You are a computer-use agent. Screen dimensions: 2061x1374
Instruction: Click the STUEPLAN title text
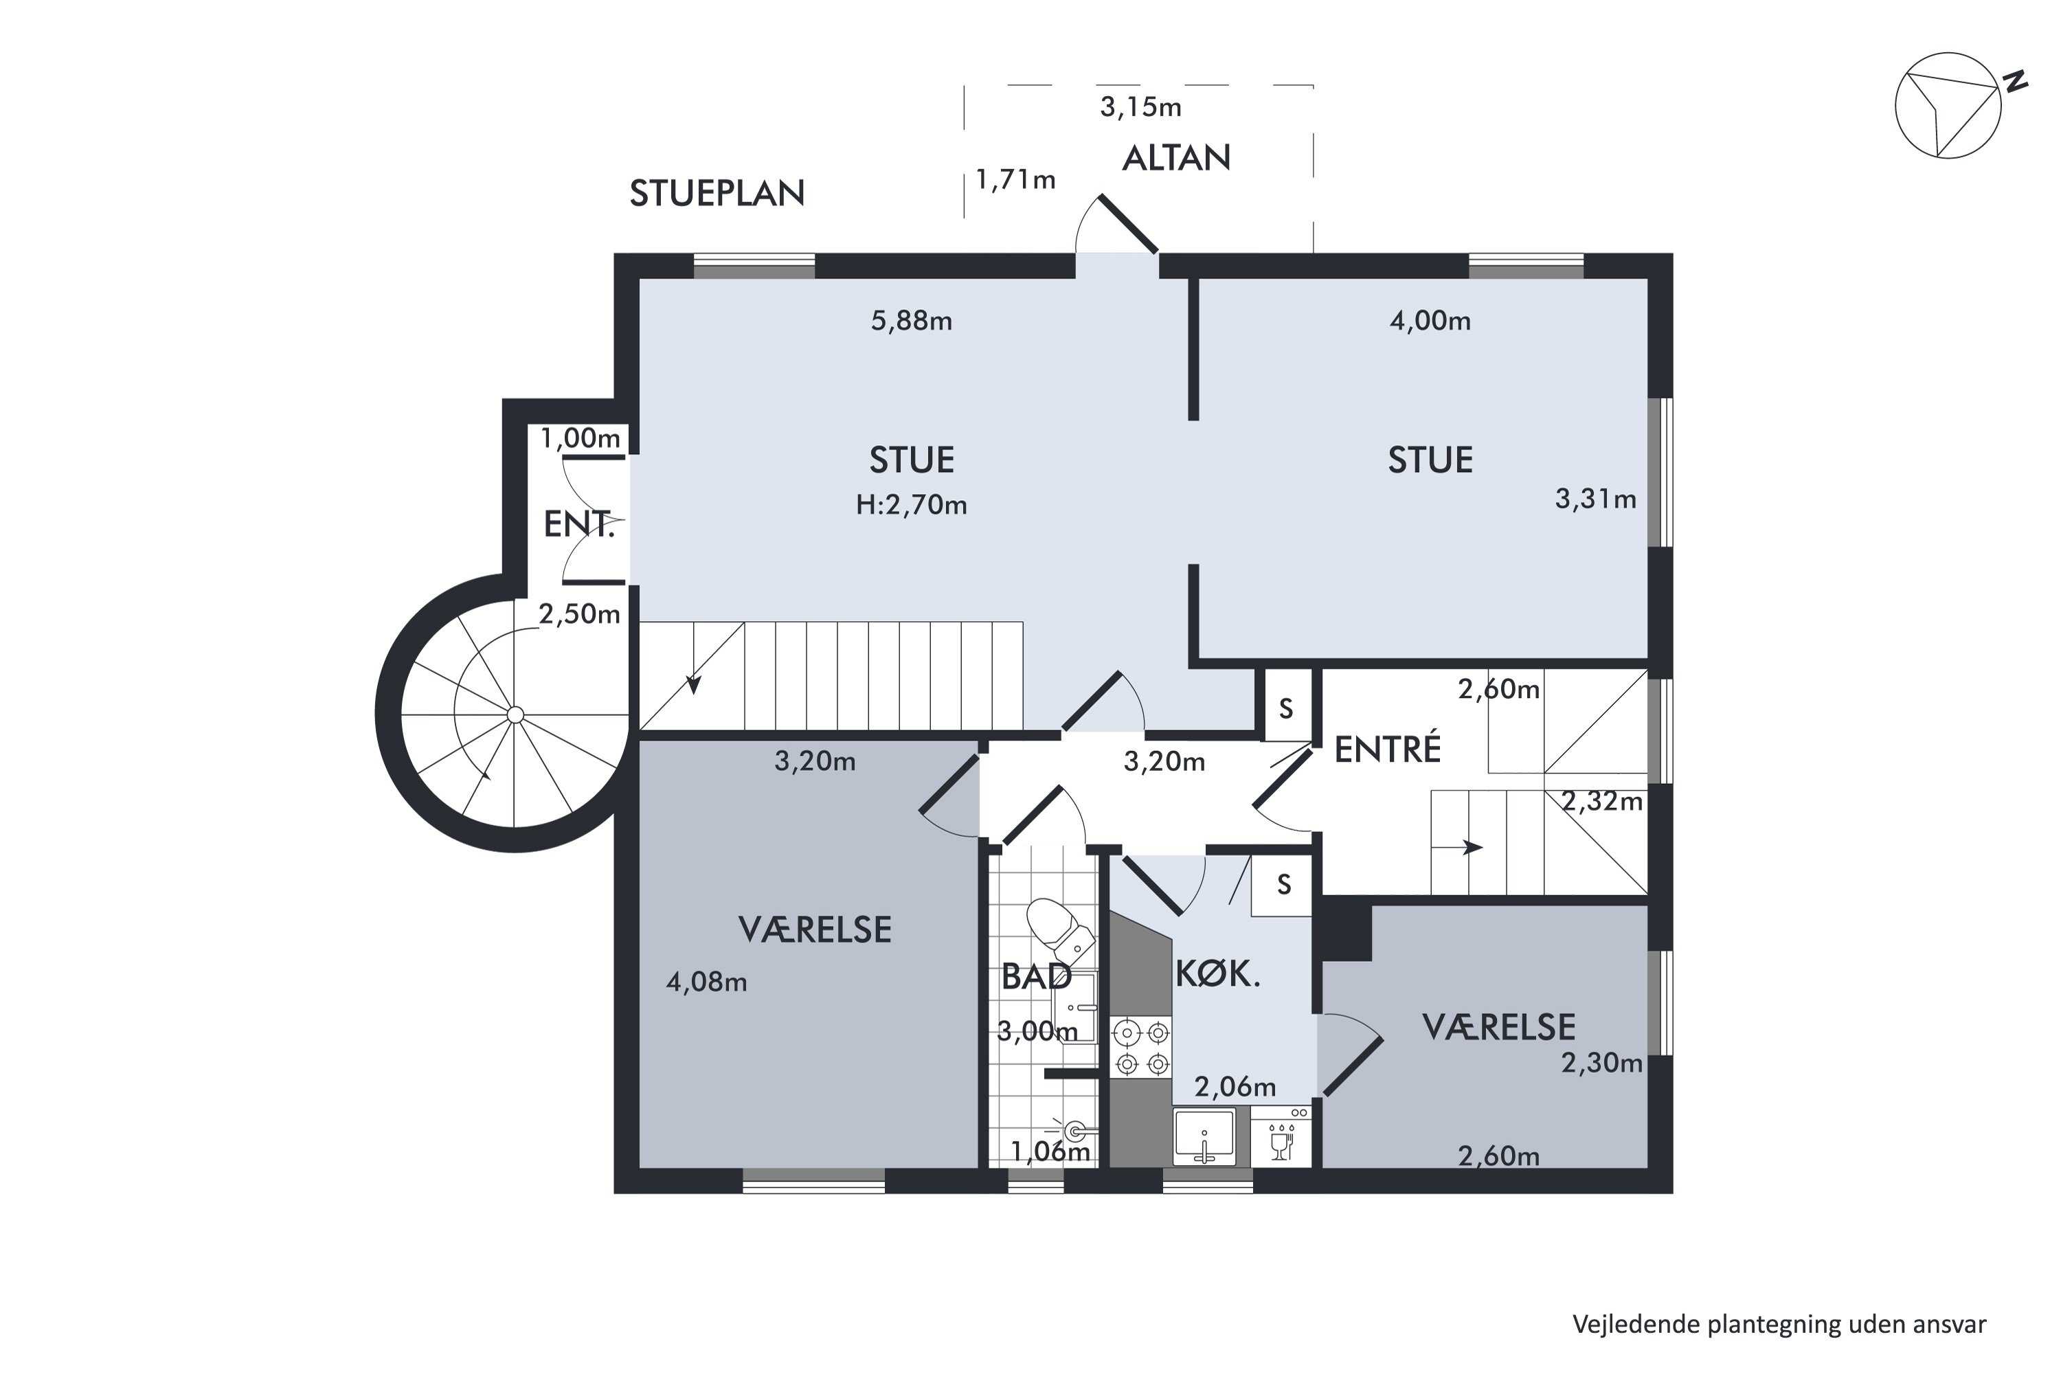coord(717,194)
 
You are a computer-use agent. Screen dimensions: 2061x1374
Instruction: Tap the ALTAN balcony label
coord(1176,158)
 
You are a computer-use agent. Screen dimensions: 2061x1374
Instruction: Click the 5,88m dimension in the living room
coord(912,321)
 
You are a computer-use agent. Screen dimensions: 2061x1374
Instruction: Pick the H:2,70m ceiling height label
coord(912,505)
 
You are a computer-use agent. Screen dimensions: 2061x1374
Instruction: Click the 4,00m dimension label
coord(1430,321)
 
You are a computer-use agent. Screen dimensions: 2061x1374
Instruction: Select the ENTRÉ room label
coord(1387,750)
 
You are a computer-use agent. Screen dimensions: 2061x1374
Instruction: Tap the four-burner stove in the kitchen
coord(1141,1047)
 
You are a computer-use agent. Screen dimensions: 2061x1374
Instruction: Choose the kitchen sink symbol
coord(1204,1136)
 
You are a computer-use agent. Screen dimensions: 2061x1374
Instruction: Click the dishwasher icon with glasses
coord(1281,1136)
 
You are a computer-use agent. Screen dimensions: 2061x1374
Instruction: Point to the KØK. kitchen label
coord(1217,973)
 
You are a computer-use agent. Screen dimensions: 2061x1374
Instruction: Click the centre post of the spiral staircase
coord(515,715)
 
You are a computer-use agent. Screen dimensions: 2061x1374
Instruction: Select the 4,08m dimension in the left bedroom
coord(706,982)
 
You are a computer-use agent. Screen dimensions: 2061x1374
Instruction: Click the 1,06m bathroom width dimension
coord(1050,1151)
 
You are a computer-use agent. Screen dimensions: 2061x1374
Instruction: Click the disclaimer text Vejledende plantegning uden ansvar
coord(1779,1324)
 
